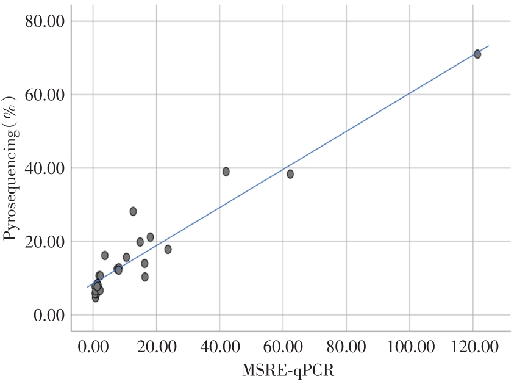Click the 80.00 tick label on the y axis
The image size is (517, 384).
pyautogui.click(x=45, y=21)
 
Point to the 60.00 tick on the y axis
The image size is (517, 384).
pyautogui.click(x=45, y=95)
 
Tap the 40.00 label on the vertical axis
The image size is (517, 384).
pyautogui.click(x=45, y=168)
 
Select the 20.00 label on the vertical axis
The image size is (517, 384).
pyautogui.click(x=45, y=242)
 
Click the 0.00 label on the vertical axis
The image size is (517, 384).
pyautogui.click(x=48, y=315)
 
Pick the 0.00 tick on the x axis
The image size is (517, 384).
pyautogui.click(x=93, y=347)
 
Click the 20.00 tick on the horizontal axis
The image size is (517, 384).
pyautogui.click(x=156, y=347)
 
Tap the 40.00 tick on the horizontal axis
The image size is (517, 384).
pyautogui.click(x=219, y=347)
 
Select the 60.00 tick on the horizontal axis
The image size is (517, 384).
pyautogui.click(x=283, y=347)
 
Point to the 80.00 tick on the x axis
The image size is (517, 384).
pyautogui.click(x=346, y=347)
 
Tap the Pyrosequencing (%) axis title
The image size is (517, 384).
pyautogui.click(x=10, y=168)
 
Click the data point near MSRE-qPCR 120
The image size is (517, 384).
pyautogui.click(x=477, y=54)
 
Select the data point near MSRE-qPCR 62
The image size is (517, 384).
pyautogui.click(x=290, y=174)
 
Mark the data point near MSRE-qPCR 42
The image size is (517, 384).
pyautogui.click(x=226, y=172)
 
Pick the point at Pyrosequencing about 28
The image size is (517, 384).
pyautogui.click(x=133, y=211)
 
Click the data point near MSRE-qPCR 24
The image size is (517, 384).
pyautogui.click(x=168, y=249)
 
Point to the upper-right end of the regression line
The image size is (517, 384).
pyautogui.click(x=488, y=46)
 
